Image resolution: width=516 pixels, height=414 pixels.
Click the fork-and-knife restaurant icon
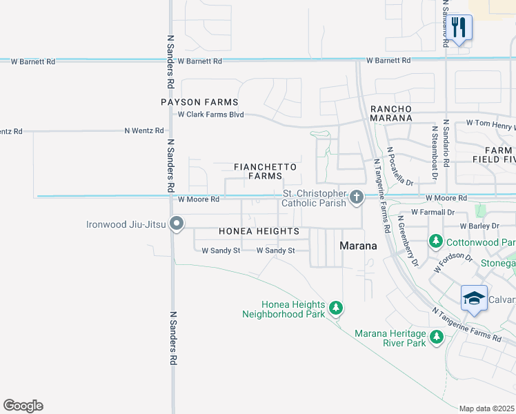point(458,28)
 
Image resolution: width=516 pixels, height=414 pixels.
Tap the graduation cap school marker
point(474,298)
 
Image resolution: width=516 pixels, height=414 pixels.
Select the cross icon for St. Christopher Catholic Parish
point(356,198)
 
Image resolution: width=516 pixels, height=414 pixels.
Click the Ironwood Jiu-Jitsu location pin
point(177,224)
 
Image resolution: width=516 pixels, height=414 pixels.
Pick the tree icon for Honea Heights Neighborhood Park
point(335,308)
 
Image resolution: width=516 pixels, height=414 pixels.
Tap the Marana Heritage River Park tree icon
point(436,337)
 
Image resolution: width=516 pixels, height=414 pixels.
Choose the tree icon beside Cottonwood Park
point(435,242)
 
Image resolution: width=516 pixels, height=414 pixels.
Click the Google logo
point(23,405)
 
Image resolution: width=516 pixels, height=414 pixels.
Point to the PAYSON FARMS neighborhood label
point(199,102)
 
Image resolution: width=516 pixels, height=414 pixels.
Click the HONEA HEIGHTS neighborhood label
point(259,231)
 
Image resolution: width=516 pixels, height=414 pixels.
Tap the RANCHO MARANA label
point(391,114)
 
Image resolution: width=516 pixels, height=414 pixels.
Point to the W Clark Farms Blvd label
point(211,115)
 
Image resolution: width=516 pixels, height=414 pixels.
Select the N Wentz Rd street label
point(143,130)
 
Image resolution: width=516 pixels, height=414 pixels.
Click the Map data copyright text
point(487,408)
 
